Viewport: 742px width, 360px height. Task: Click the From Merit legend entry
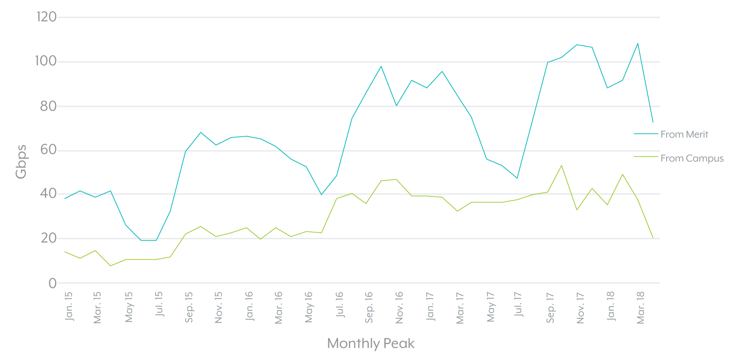[684, 134]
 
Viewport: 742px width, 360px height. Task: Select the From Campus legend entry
[692, 158]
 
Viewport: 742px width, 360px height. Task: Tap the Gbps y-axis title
[21, 161]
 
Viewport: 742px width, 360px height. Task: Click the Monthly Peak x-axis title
[371, 343]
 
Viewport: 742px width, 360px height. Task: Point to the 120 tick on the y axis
[46, 17]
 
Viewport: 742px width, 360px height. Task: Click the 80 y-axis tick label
[48, 107]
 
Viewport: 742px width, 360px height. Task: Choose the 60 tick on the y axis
[48, 150]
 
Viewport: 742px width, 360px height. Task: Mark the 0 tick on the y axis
[53, 284]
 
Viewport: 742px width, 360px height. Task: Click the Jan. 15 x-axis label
[69, 306]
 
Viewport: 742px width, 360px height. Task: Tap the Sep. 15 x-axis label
[189, 307]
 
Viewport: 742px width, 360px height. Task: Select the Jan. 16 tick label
[249, 306]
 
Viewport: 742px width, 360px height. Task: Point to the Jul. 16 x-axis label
[339, 305]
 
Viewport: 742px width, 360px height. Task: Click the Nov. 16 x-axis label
[399, 308]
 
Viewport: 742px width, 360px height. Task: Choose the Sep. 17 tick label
[550, 308]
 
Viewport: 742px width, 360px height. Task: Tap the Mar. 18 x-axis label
[640, 308]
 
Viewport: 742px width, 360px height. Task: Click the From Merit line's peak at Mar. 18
[638, 43]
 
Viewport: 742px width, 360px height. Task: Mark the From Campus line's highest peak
[561, 165]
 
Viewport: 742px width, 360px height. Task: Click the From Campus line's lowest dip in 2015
[110, 266]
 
